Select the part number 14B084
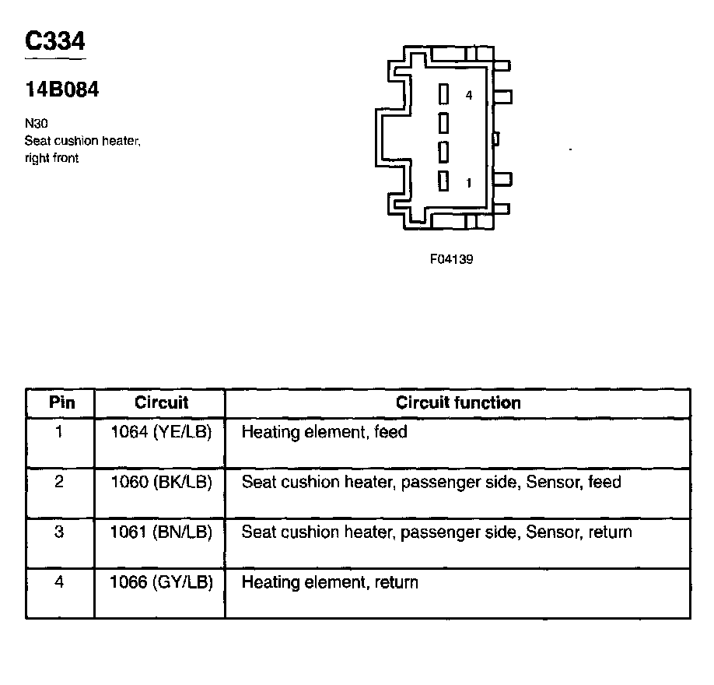pos(62,90)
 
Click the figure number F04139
pos(451,259)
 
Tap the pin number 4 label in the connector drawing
pos(469,95)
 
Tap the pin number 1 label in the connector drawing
pos(468,183)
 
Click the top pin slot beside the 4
pos(444,94)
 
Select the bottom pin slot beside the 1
pos(444,181)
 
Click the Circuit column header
pos(162,403)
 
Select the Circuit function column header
pos(458,403)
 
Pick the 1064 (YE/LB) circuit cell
pos(162,431)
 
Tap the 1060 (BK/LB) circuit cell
pos(162,482)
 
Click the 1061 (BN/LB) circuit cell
pos(162,532)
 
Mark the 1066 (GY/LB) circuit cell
pos(162,582)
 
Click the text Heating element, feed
pos(324,431)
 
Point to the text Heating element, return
pos(330,582)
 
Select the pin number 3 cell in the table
pos(60,532)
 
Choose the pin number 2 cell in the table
pos(60,482)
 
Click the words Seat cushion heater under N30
pos(82,141)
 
